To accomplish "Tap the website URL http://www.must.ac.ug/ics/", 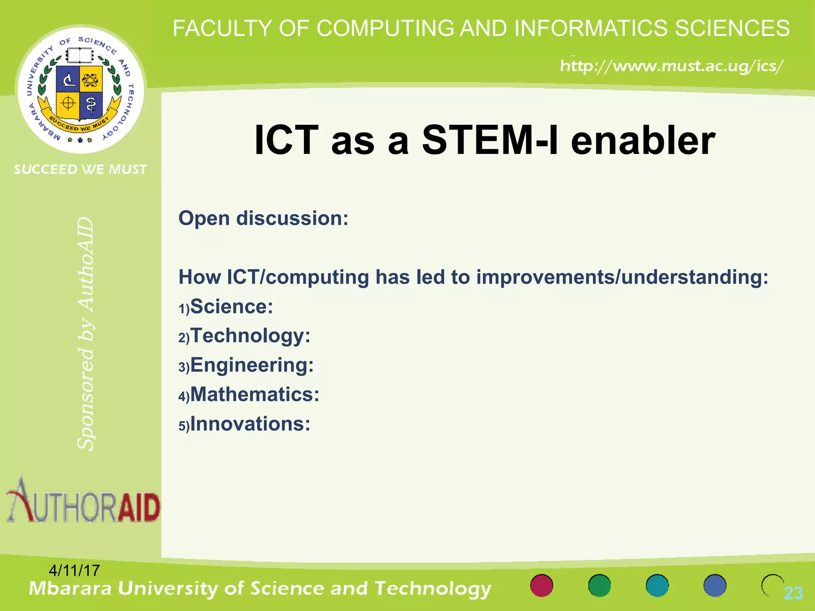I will [671, 66].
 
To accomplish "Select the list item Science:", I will [231, 307].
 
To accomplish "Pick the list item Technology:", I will [250, 336].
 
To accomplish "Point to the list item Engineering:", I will [252, 365].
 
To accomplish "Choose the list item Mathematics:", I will [254, 395].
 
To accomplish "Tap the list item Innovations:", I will [250, 424].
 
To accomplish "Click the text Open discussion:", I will [263, 218].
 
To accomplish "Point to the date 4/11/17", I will [74, 570].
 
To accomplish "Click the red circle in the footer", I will [542, 586].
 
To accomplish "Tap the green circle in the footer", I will [599, 586].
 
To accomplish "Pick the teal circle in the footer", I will [657, 586].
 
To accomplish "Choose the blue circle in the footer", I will [715, 586].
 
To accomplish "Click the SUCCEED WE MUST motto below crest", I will [80, 169].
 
